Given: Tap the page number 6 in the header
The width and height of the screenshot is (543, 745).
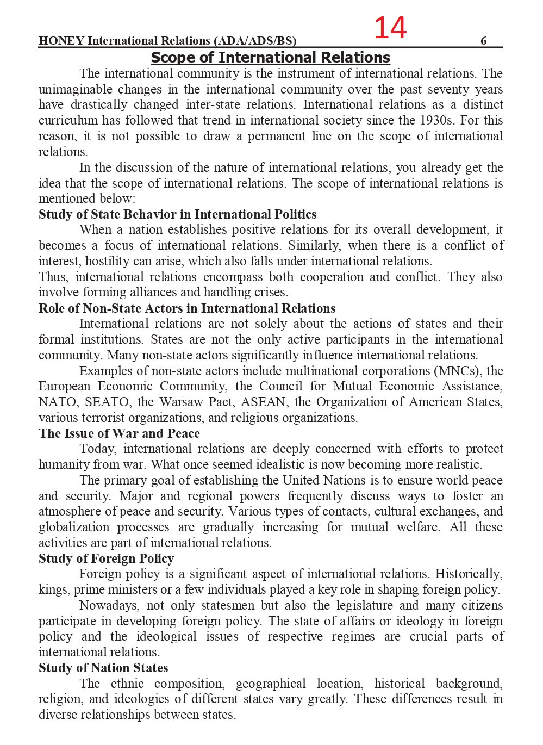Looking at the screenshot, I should pyautogui.click(x=483, y=41).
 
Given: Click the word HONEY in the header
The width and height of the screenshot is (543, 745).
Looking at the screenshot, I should pyautogui.click(x=61, y=41).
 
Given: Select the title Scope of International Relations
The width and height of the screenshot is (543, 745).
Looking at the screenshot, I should pyautogui.click(x=270, y=58).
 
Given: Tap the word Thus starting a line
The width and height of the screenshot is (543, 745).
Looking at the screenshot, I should pyautogui.click(x=52, y=277).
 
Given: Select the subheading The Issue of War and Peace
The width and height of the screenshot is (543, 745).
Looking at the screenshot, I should pyautogui.click(x=119, y=433).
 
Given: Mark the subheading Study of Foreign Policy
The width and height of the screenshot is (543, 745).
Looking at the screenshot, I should pyautogui.click(x=106, y=558).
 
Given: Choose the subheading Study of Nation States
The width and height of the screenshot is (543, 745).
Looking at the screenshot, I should pyautogui.click(x=103, y=668).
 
